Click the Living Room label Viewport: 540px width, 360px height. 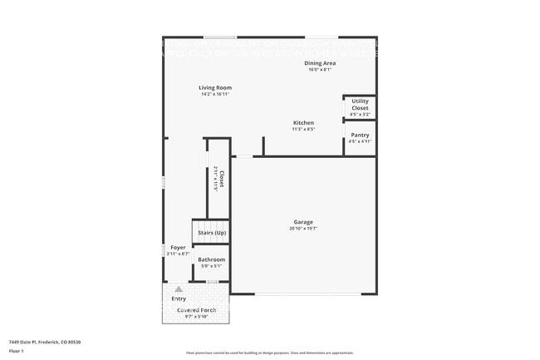pos(214,87)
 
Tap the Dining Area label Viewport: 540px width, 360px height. pos(321,63)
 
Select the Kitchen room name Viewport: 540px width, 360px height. pos(303,122)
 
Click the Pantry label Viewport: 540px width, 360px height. pos(360,135)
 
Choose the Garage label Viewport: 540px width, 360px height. pos(302,222)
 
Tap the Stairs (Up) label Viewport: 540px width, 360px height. pos(212,233)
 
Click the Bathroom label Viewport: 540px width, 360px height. pos(211,259)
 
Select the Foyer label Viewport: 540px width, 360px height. pos(178,247)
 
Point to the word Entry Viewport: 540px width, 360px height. pos(179,298)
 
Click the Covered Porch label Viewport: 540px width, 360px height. pos(196,310)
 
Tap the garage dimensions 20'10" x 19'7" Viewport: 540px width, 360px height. pos(302,229)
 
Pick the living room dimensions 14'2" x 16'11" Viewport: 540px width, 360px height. pos(214,94)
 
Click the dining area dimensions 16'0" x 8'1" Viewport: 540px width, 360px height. pos(321,69)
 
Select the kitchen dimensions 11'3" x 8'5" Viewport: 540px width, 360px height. pos(303,129)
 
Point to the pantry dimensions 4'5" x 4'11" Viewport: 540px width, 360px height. pos(360,141)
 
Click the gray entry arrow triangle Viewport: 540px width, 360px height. pos(178,288)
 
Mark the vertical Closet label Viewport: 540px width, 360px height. pos(222,180)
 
